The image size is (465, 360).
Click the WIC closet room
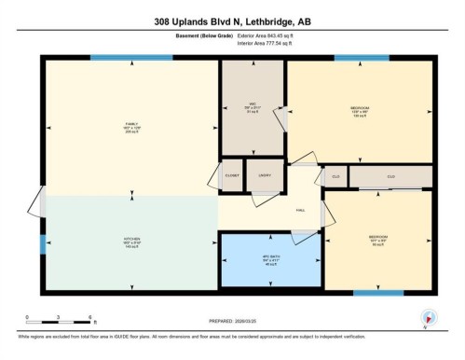(253, 104)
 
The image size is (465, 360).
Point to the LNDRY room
(265, 174)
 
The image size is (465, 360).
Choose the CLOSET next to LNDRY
(232, 174)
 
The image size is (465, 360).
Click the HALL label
(301, 210)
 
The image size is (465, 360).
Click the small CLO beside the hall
(334, 175)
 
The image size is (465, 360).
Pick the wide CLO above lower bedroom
(390, 175)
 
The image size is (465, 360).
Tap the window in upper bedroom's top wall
(362, 58)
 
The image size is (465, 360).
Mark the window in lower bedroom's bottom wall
(378, 292)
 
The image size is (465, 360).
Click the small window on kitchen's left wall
(43, 244)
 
